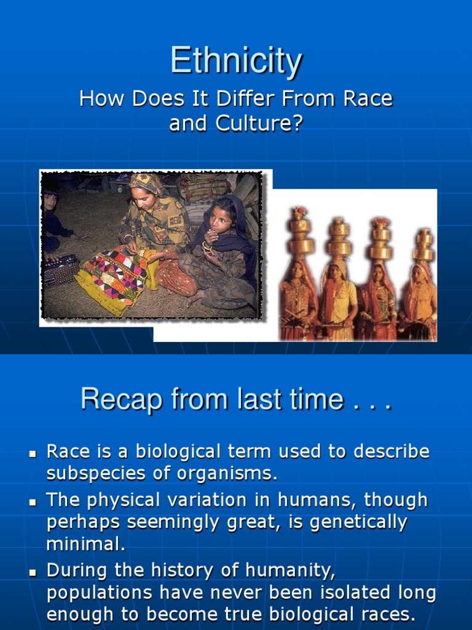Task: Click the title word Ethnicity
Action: coord(236,62)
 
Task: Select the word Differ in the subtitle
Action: coord(242,98)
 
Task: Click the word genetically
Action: coord(356,522)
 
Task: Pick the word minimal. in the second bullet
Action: coord(86,544)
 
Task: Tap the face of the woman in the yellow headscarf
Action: coord(143,197)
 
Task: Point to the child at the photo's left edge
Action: coord(52,215)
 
